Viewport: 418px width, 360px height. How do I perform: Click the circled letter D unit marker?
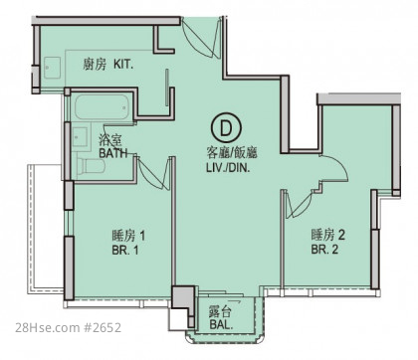(x=226, y=127)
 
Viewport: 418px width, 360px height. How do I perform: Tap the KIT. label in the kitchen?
(x=123, y=64)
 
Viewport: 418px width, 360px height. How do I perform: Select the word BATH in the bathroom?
(x=113, y=153)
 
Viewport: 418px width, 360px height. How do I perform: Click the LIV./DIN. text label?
(x=228, y=168)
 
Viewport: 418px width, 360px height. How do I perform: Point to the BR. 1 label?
(x=125, y=250)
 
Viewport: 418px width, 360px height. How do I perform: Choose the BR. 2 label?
(x=324, y=250)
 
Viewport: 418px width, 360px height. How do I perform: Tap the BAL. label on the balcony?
(x=221, y=325)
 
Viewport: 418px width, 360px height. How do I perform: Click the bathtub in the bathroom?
(x=102, y=108)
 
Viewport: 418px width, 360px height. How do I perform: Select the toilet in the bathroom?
(x=91, y=166)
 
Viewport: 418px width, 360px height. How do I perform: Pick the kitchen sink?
(x=53, y=68)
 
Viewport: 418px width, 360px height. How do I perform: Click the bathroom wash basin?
(x=80, y=137)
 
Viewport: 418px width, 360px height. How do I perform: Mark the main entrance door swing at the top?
(x=201, y=37)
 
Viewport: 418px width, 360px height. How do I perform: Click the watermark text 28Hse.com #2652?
(x=68, y=328)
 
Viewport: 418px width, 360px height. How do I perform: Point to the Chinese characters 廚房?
(x=95, y=64)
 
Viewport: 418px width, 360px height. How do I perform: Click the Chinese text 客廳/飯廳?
(x=232, y=153)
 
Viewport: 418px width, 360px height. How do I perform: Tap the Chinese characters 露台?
(x=220, y=311)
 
